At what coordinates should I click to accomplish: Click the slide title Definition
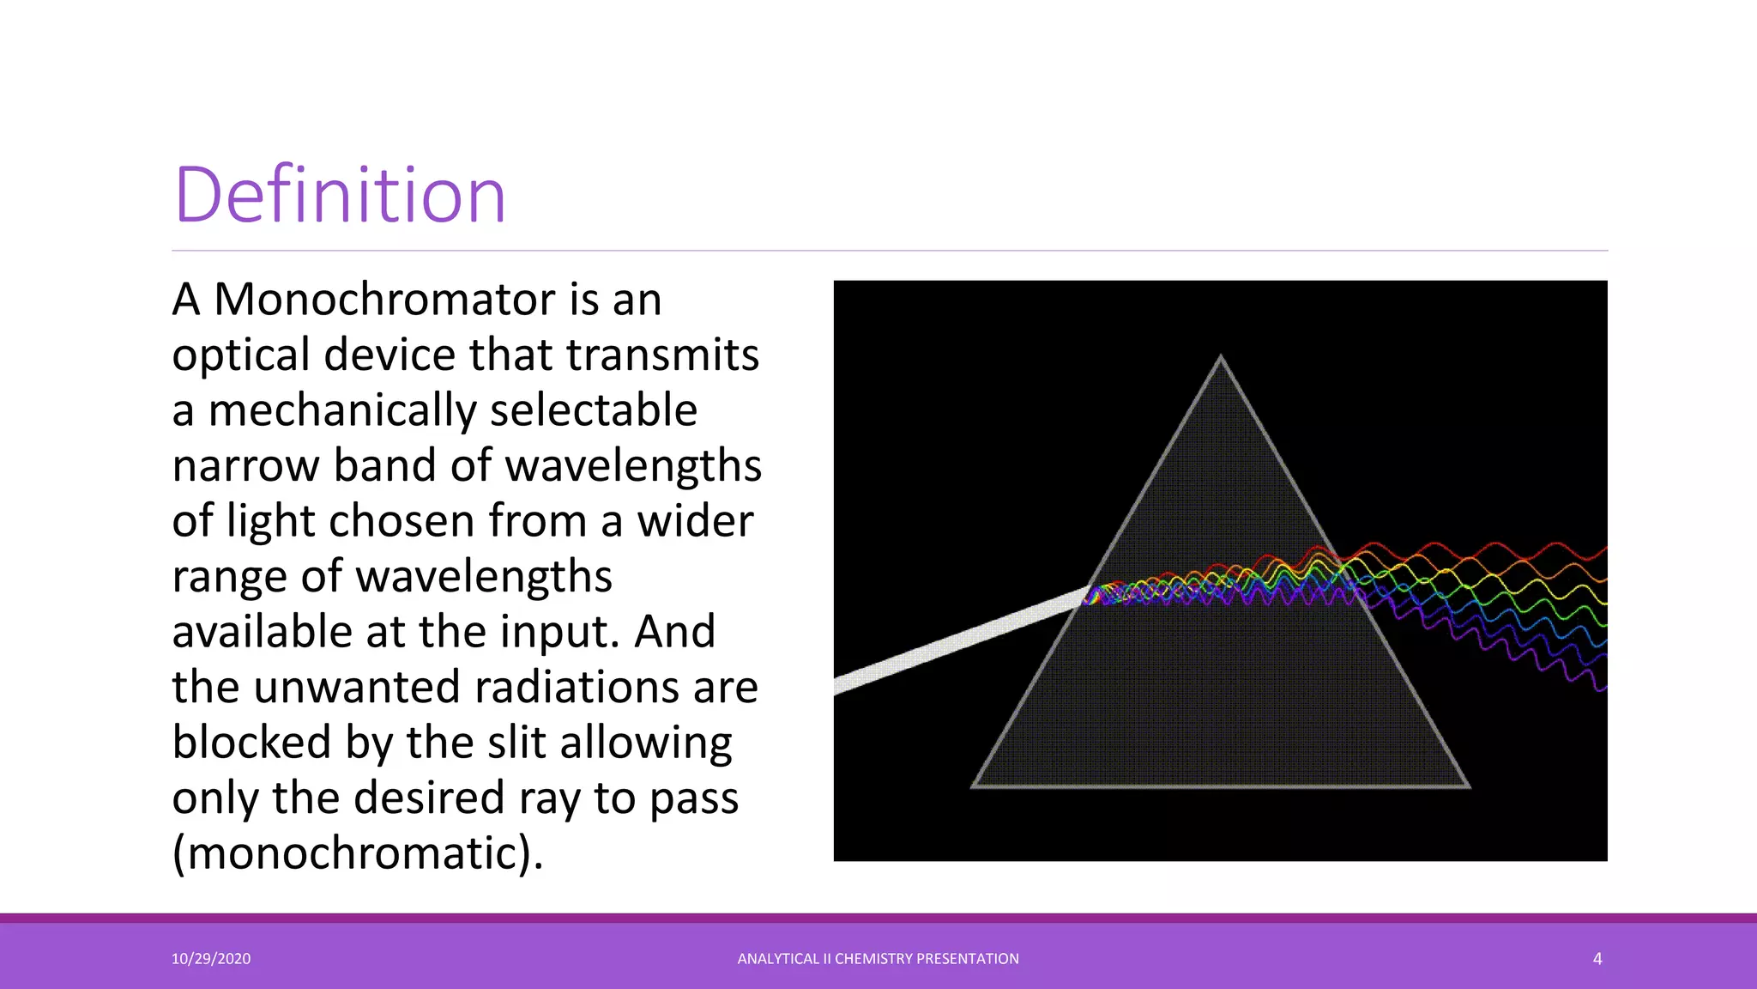(x=340, y=196)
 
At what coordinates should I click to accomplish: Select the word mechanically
(x=341, y=410)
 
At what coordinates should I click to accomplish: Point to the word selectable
(x=593, y=410)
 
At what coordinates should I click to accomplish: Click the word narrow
(x=245, y=466)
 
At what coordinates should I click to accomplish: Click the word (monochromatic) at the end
(x=357, y=853)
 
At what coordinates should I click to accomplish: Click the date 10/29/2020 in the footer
(x=211, y=959)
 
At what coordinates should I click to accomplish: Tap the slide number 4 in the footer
(x=1597, y=959)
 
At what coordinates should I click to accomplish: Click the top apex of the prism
(x=1221, y=357)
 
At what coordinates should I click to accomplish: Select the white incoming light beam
(x=952, y=640)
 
